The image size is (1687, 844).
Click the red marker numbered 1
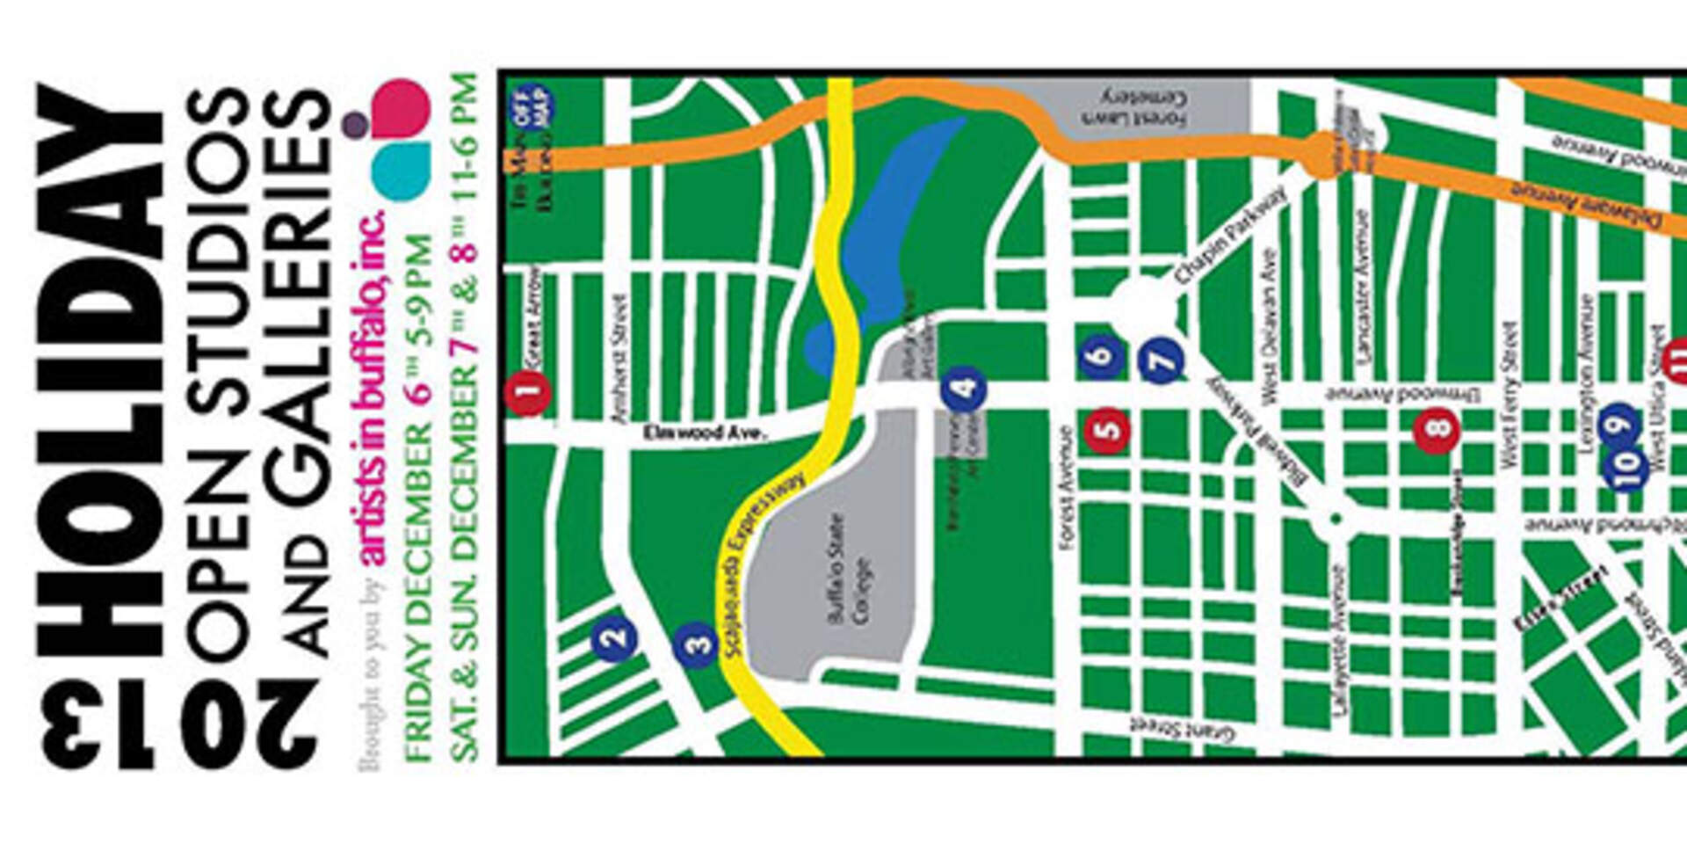pos(528,393)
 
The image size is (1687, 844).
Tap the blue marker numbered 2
pos(614,639)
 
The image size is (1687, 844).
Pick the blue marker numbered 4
pos(964,389)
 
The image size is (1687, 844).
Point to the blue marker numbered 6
pos(1102,356)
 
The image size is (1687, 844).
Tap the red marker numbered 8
pos(1437,430)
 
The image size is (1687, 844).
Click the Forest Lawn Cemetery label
pos(1145,106)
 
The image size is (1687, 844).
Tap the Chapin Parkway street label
pos(1230,234)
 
